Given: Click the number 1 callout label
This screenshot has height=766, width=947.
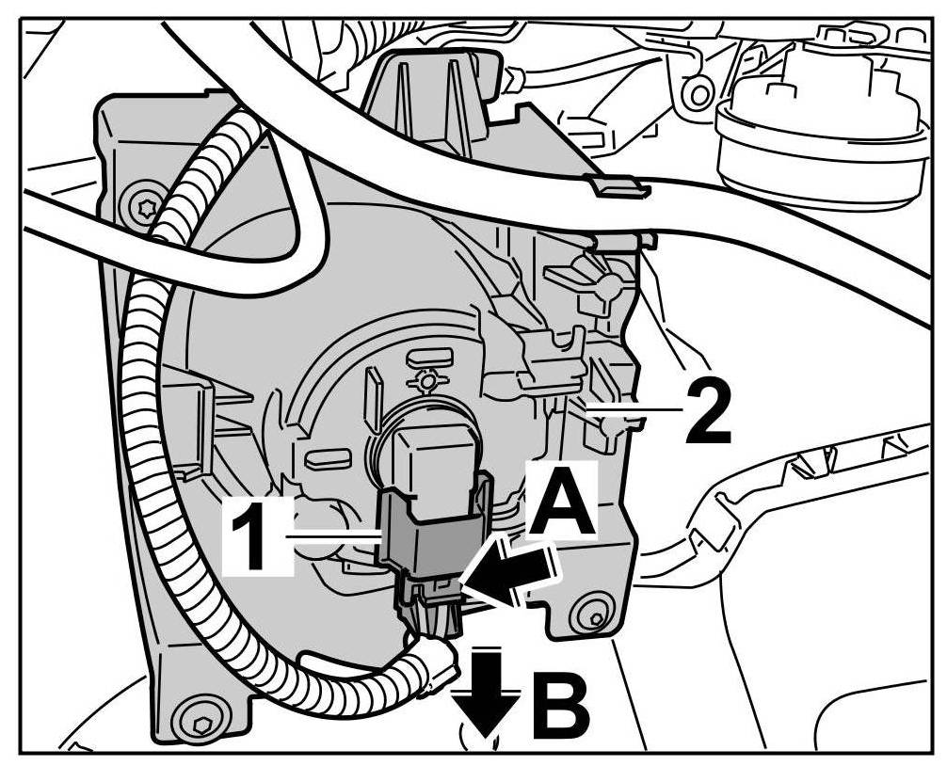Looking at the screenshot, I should tap(253, 537).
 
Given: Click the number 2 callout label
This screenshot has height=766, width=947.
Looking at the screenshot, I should tap(707, 411).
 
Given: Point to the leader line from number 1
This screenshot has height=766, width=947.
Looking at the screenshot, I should tap(334, 536).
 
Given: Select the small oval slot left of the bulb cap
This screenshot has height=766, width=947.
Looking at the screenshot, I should tap(325, 459).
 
